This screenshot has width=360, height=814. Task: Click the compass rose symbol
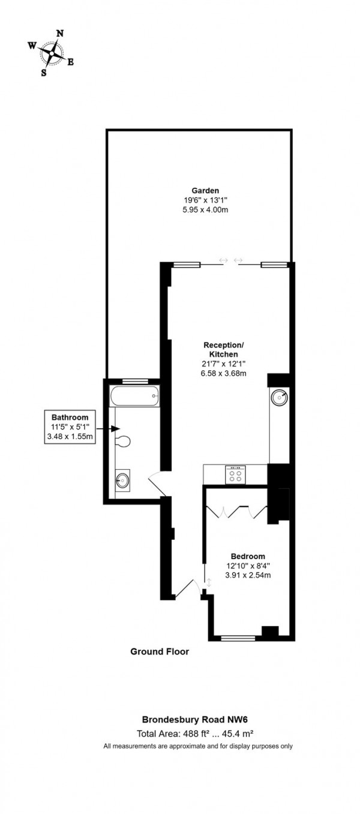(52, 53)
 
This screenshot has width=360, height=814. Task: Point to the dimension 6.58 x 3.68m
(224, 373)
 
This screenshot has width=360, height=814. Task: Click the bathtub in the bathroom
(134, 396)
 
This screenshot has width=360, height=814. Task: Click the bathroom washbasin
(122, 479)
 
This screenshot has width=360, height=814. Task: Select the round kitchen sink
(280, 397)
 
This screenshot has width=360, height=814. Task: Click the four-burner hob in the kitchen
(235, 474)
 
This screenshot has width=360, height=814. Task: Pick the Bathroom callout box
(70, 426)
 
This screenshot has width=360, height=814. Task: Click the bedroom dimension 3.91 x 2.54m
(248, 575)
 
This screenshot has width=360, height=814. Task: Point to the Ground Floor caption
(160, 651)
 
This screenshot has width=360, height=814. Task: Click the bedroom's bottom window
(238, 638)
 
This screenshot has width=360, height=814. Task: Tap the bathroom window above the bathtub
(134, 381)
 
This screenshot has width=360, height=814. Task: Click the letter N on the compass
(59, 34)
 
